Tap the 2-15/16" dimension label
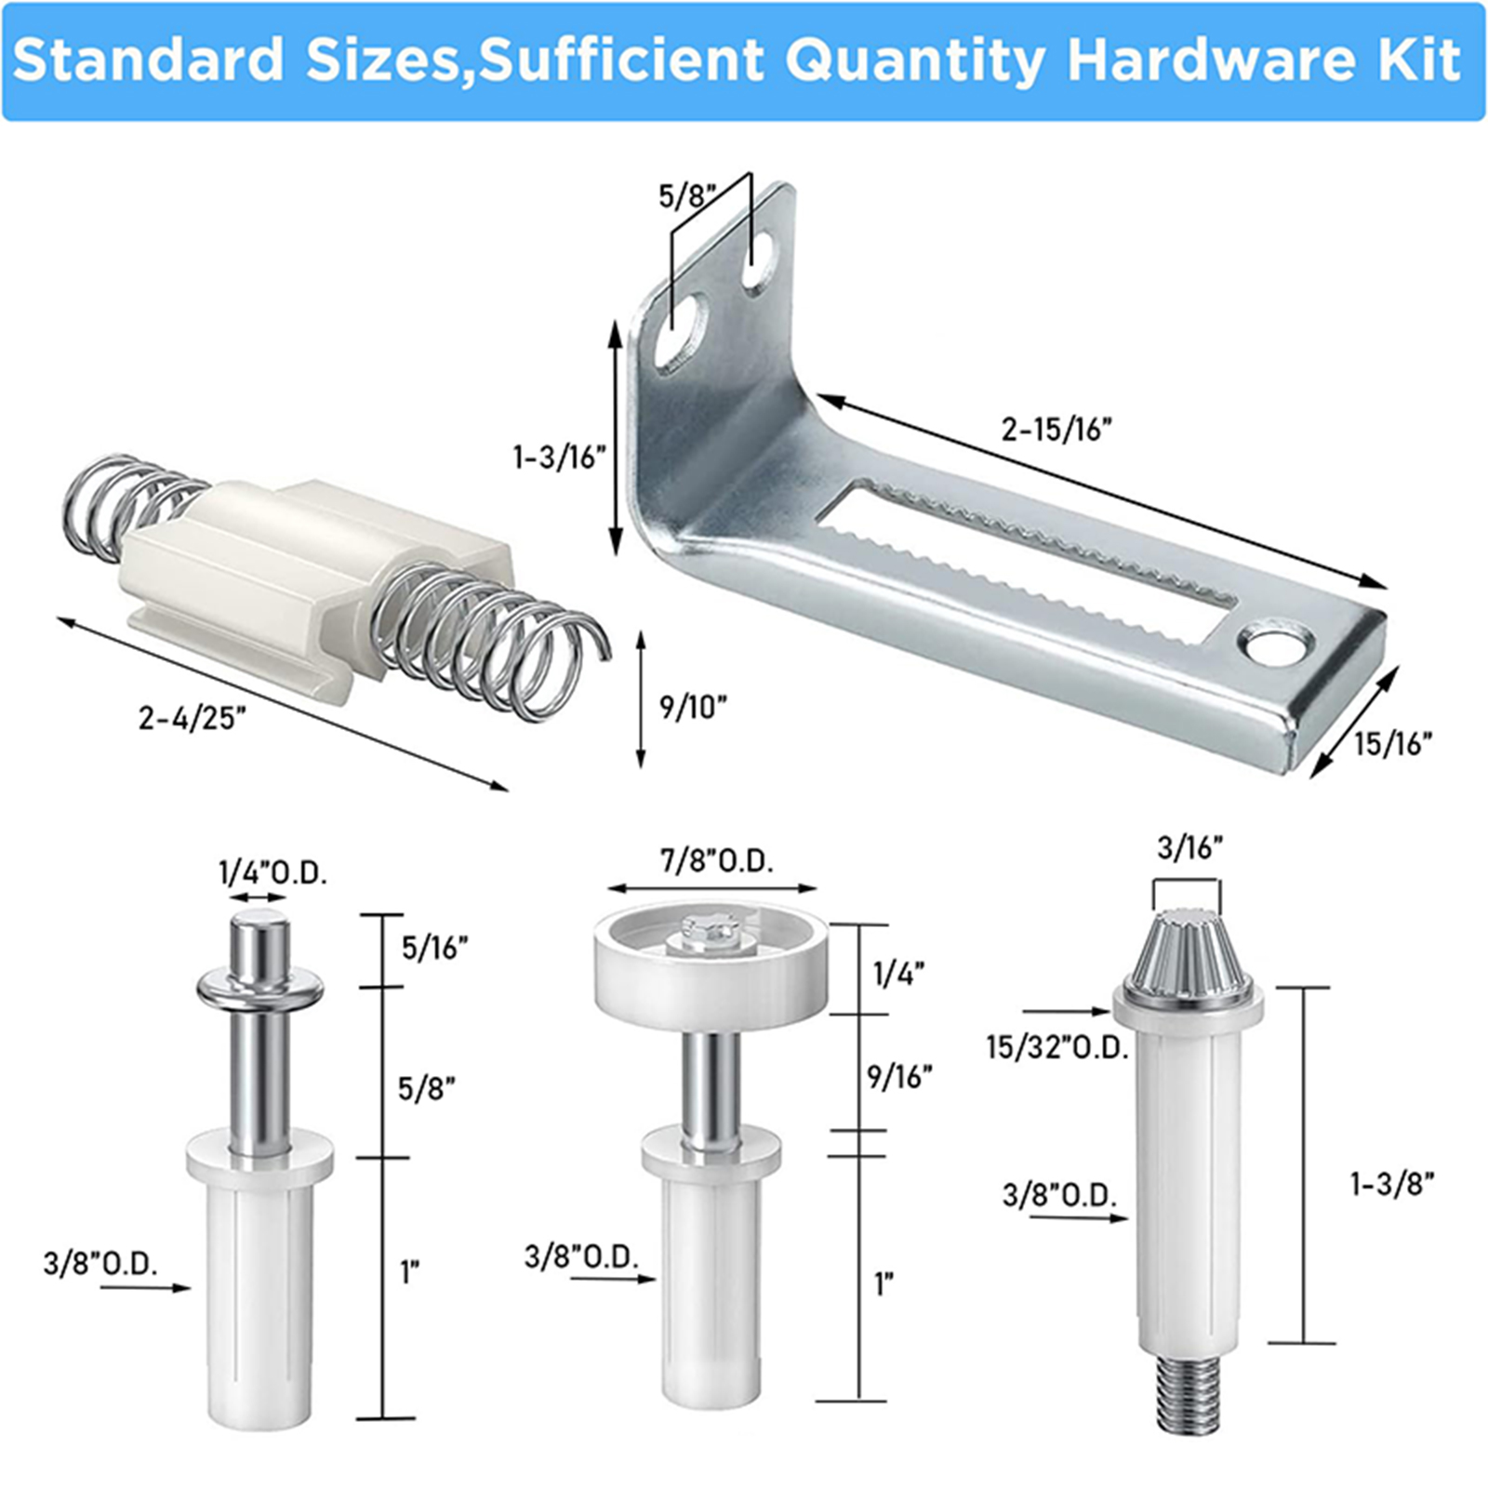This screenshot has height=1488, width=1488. coord(1056,430)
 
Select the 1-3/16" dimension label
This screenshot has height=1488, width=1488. coord(560,458)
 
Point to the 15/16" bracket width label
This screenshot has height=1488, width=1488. coord(1392,744)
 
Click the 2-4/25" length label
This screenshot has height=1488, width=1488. coord(193,718)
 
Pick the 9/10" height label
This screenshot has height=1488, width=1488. coord(693,707)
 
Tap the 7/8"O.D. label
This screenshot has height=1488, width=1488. coord(717,862)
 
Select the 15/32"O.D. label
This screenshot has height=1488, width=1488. coord(1057,1048)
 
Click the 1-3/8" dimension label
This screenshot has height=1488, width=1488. coord(1392,1183)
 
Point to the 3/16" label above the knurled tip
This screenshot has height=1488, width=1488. coord(1189,847)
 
